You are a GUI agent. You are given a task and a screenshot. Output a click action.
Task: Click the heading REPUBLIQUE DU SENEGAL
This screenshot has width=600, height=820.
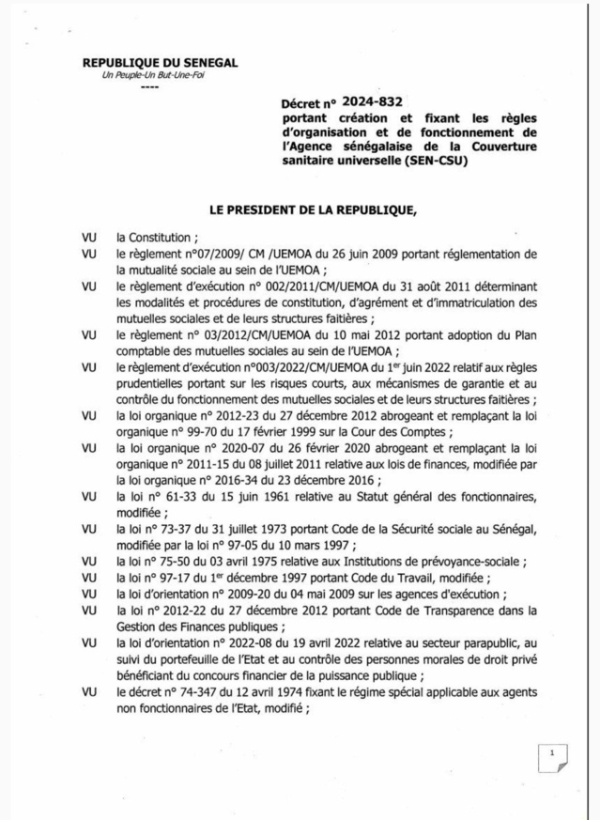[160, 62]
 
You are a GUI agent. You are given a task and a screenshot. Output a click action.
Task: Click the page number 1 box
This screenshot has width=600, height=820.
[554, 757]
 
